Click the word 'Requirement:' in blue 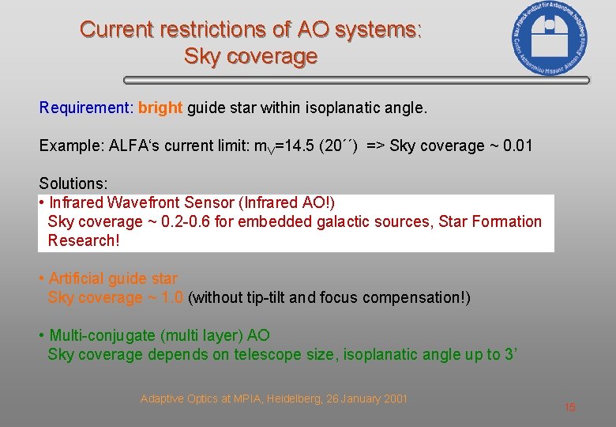coord(86,108)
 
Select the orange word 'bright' coord(160,108)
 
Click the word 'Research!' coord(84,240)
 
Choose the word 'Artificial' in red coord(76,278)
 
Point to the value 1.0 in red coord(171,297)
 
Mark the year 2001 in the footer coord(395,399)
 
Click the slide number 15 coord(570,407)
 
